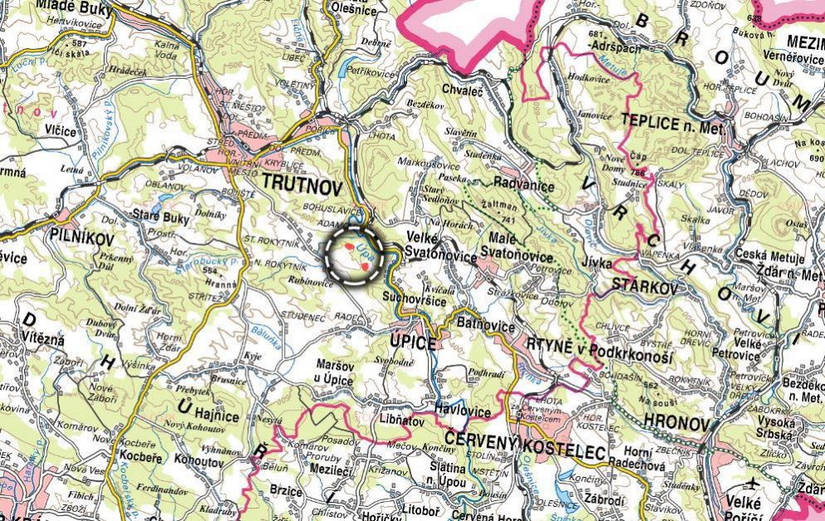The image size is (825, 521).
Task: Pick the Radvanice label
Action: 523,185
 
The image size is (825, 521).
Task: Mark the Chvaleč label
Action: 463,90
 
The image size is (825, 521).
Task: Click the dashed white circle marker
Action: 353,255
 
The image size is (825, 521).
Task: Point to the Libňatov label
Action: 400,422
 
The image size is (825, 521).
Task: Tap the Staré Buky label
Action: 161,219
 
